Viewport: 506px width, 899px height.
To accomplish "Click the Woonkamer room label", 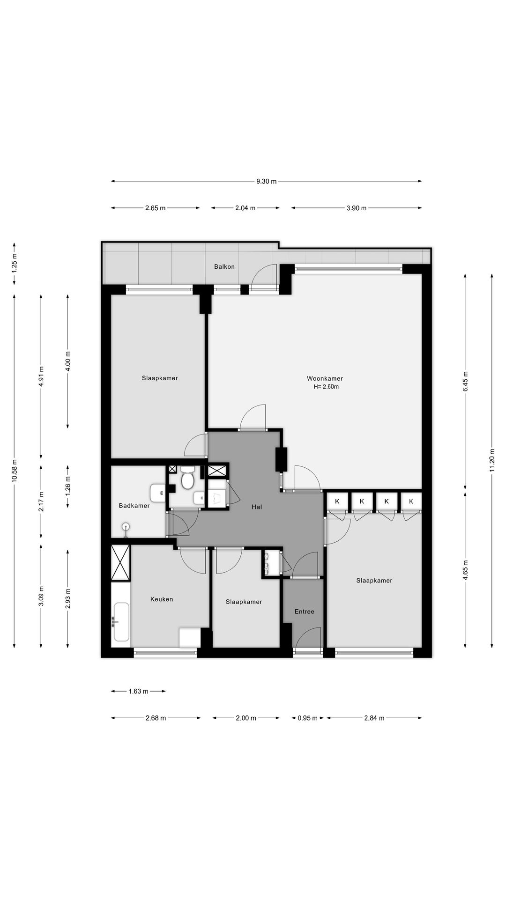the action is coord(325,378).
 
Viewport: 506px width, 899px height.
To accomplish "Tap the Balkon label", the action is coord(224,266).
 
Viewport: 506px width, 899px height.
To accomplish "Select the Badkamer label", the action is coord(134,506).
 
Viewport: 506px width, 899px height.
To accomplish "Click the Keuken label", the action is coord(162,599).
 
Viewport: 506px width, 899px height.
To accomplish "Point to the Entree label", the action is coord(305,612).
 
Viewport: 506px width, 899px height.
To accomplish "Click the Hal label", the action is coord(257,507).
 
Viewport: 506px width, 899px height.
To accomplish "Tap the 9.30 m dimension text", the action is coord(267,181).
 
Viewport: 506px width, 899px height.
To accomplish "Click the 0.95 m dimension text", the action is coord(308,718).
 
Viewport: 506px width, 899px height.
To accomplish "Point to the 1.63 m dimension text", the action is coord(138,691).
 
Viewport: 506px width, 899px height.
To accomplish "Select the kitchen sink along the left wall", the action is coord(121,622).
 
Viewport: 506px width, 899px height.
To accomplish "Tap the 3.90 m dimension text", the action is coord(357,208).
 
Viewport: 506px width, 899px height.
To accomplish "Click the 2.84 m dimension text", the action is coord(374,718).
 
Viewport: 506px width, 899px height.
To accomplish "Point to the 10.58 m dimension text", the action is coord(14,470).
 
